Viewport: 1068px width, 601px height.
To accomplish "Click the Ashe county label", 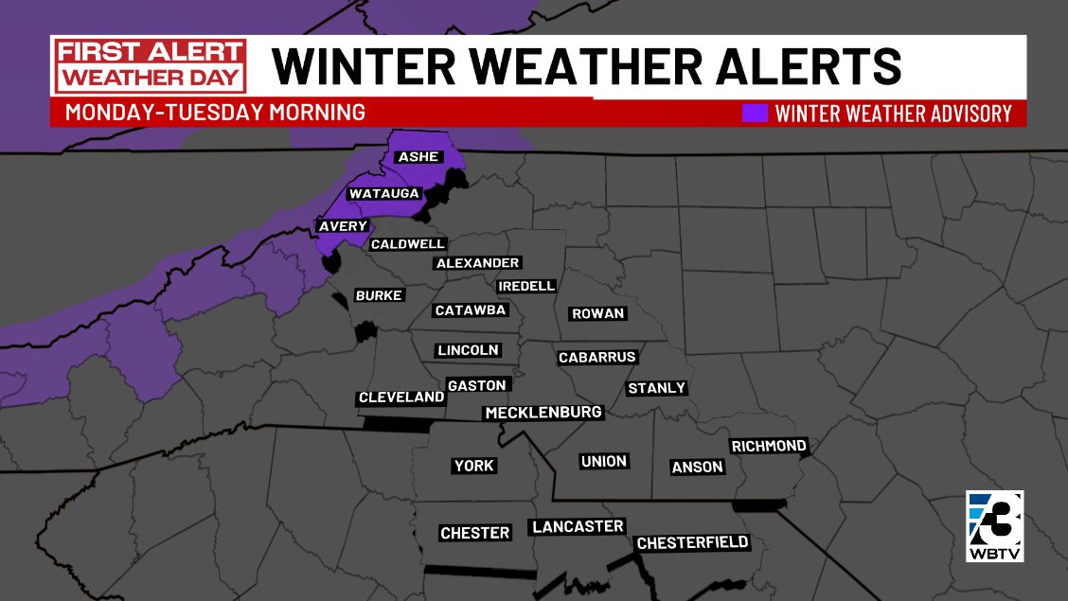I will point(418,157).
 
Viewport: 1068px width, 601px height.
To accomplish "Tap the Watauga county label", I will point(383,194).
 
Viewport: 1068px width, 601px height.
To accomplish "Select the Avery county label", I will point(342,227).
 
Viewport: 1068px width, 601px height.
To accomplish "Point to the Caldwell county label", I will point(407,244).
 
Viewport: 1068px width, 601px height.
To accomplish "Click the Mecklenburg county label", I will point(543,414).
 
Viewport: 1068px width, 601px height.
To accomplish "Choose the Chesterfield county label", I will point(693,543).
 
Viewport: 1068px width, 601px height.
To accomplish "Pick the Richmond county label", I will point(769,446).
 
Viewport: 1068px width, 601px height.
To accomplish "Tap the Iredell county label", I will point(526,286).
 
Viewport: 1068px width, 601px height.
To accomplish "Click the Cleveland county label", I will point(401,398).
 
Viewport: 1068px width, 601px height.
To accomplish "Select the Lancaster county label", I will point(578,527).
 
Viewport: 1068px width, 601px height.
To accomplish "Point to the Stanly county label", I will point(656,389).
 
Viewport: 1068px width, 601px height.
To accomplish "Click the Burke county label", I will point(379,296).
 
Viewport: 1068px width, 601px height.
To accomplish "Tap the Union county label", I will point(604,462).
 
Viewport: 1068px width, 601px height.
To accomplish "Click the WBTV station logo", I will point(994,526).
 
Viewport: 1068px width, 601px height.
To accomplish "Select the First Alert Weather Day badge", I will point(150,65).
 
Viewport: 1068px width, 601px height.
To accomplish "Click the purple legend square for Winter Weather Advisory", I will point(755,114).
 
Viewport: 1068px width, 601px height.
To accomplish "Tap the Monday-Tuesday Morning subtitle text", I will point(215,113).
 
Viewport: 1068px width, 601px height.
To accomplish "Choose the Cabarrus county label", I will point(596,358).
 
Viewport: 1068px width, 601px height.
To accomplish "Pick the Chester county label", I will point(475,534).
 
